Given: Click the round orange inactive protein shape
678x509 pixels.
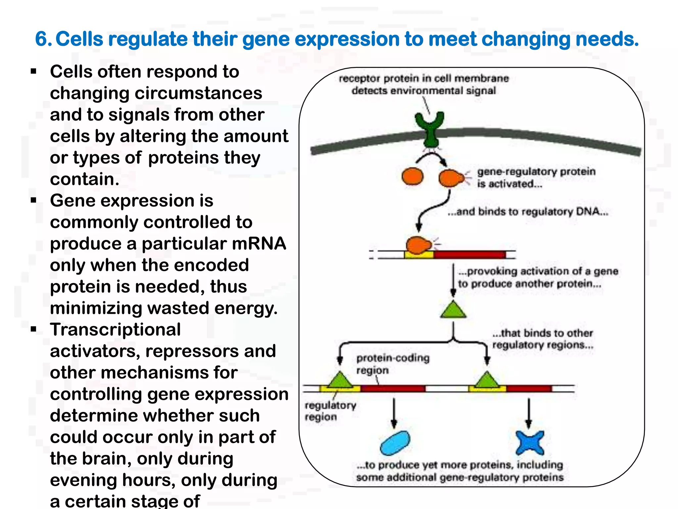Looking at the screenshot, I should (x=412, y=176).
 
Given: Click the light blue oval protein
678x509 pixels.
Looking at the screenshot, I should (x=395, y=443).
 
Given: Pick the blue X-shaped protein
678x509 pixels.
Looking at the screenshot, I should (x=530, y=443).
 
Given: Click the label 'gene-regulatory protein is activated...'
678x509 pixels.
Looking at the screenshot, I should (x=536, y=178).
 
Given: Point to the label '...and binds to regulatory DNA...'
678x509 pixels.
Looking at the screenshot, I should (x=528, y=211).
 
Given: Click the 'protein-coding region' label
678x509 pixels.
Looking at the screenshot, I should (x=392, y=364).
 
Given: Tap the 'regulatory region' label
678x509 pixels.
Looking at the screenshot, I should (x=330, y=411).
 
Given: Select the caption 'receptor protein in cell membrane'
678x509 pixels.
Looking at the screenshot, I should (x=423, y=79).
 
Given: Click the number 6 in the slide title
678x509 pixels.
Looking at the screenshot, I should (x=42, y=39).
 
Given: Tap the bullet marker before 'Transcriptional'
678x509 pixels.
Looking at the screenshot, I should (x=33, y=329).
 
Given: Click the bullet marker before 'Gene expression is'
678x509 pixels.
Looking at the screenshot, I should (x=33, y=200).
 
